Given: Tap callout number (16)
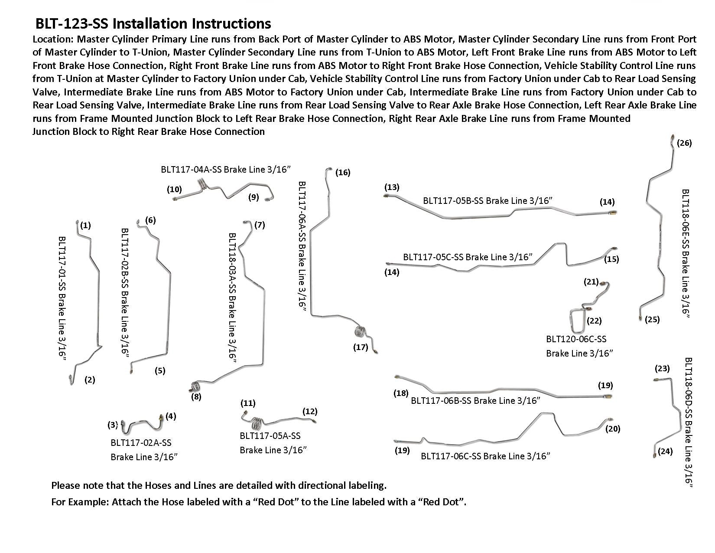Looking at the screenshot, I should tap(342, 173).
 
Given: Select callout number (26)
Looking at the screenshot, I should tap(684, 143).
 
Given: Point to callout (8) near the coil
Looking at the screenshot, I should tap(196, 396).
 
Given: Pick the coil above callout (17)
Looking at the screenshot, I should tap(360, 333).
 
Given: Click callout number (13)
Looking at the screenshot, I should tap(391, 187).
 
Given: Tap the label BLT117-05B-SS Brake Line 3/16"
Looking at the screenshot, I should tap(488, 201).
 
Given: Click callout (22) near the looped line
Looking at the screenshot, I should tap(594, 321).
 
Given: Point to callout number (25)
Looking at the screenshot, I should tap(652, 320).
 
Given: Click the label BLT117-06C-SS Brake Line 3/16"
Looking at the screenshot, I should tap(485, 456).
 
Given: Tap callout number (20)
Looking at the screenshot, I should tap(613, 429).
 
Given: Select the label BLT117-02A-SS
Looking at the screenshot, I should tap(141, 443).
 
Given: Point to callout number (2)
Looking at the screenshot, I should tap(90, 380).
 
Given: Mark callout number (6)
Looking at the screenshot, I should tap(150, 220).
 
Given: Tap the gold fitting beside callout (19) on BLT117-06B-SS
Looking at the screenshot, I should tap(608, 396).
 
